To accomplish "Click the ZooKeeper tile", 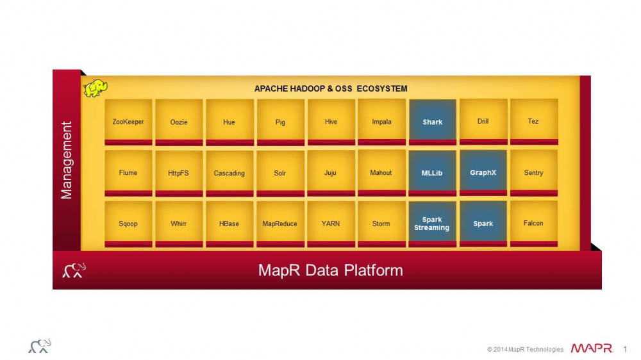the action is [x=128, y=122].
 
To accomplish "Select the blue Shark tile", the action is [x=433, y=122].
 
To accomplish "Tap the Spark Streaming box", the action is [x=433, y=224].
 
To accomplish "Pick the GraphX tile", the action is [x=483, y=172].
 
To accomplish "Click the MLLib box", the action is [x=433, y=172].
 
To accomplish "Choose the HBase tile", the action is [x=229, y=224].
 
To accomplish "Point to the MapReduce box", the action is [x=281, y=224].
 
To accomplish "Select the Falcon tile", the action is [x=534, y=224].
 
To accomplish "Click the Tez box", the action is [x=534, y=122].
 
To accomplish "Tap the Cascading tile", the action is [x=229, y=172].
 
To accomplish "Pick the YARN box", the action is [x=331, y=224].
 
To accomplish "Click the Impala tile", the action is [x=382, y=122].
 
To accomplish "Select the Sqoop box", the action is [x=128, y=224].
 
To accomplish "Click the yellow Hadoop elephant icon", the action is [x=96, y=88].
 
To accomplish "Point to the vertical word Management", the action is [x=66, y=160].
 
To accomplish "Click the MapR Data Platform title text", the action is [x=330, y=270].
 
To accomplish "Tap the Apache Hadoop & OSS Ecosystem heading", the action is [x=331, y=88].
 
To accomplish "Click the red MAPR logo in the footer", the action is [x=592, y=348].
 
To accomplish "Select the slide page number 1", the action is [x=625, y=349].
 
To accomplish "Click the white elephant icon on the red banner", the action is [x=74, y=270].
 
